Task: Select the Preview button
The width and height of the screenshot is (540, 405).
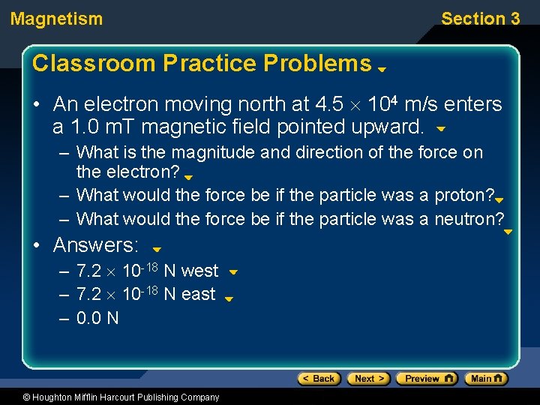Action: pos(426,379)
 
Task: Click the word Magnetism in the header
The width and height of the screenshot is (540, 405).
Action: pos(57,19)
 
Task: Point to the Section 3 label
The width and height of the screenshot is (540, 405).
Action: pos(480,19)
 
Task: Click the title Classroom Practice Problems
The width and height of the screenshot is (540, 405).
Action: pos(202,64)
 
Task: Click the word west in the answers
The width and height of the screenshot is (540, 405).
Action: pos(199,271)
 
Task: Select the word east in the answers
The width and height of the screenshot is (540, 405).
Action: pos(198,294)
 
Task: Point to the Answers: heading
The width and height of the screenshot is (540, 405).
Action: pos(96,245)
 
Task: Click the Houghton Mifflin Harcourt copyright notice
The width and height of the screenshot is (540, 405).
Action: pos(110,397)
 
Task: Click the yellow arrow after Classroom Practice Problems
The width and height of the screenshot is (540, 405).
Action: pos(381,68)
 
